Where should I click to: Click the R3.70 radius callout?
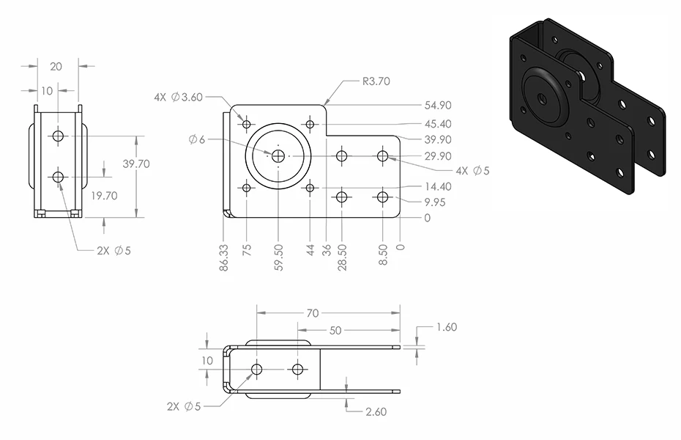coord(376,81)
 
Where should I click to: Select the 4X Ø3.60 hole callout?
coord(179,97)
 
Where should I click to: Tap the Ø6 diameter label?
coord(196,139)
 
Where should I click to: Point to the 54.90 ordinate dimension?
coord(438,105)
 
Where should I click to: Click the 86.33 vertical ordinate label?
coord(223,258)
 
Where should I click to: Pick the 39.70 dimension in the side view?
coord(136,164)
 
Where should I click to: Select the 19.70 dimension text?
coord(104,196)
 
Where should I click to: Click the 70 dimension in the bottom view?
coord(313,313)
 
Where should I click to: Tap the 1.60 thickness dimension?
coord(447,327)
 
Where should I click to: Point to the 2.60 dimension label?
coord(376,411)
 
